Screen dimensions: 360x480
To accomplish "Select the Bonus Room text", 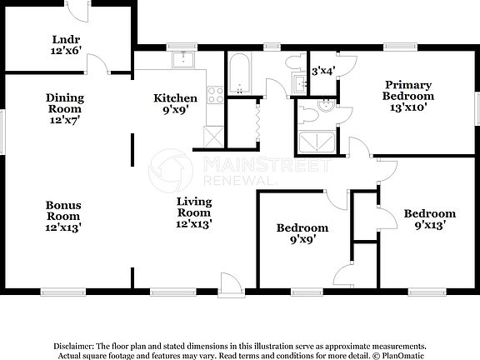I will pyautogui.click(x=63, y=214).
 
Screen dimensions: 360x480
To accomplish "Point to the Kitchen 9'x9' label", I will pyautogui.click(x=176, y=103).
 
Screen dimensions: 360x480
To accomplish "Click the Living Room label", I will pyautogui.click(x=193, y=212).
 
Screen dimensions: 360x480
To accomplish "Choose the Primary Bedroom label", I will pyautogui.click(x=407, y=89).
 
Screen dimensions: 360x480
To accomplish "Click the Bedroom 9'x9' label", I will pyautogui.click(x=302, y=233).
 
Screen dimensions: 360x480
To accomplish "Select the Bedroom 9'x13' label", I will pyautogui.click(x=429, y=219).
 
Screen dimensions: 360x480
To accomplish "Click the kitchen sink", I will pyautogui.click(x=182, y=59).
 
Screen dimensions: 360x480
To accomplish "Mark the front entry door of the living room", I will pyautogui.click(x=231, y=283).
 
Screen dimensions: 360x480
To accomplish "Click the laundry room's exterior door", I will pyautogui.click(x=77, y=11).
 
